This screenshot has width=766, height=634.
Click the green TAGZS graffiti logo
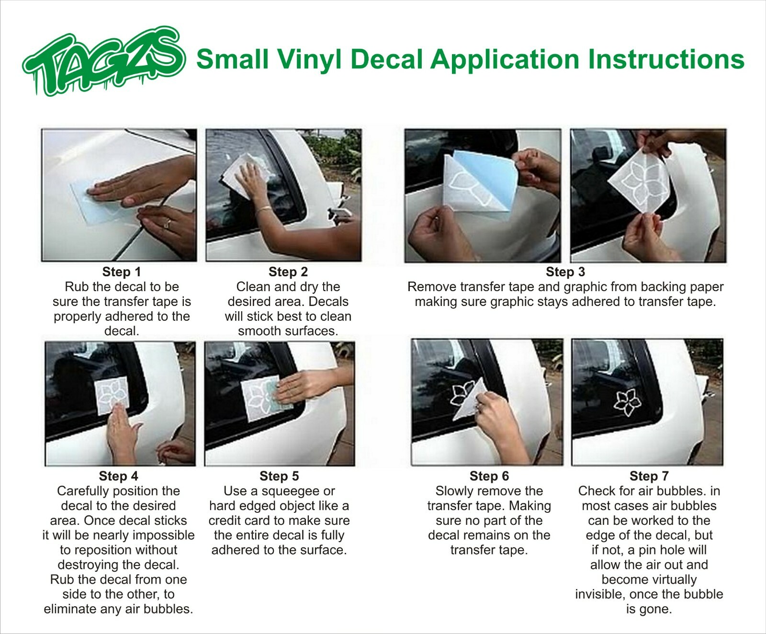tap(103, 61)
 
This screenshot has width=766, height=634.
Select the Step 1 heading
tap(122, 272)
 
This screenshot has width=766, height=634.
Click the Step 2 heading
tap(288, 272)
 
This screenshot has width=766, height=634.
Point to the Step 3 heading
tap(565, 272)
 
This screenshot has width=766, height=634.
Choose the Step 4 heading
tap(118, 476)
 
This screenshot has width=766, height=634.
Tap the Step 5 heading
tap(279, 476)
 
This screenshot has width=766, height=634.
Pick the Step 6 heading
tap(489, 476)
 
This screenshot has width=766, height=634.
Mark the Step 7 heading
tap(649, 476)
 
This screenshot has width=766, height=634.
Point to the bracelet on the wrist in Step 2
tap(263, 209)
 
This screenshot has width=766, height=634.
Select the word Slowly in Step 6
tap(454, 491)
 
